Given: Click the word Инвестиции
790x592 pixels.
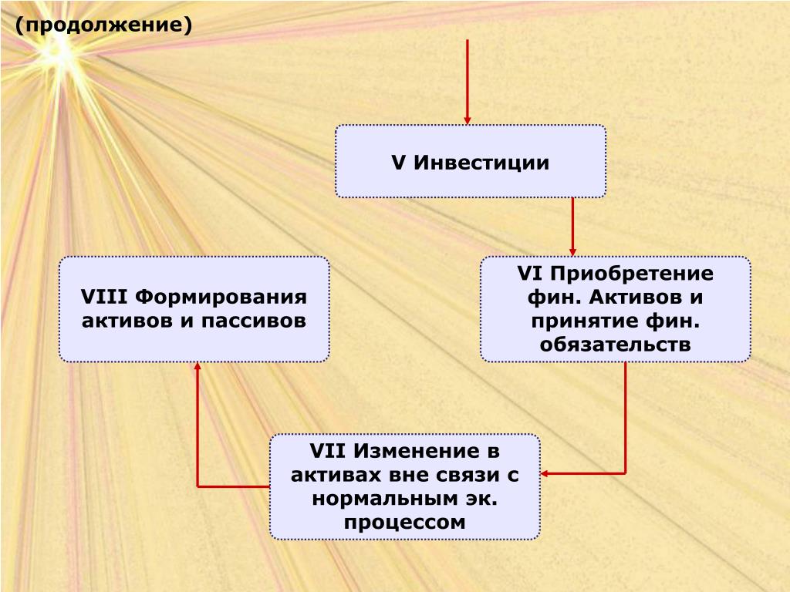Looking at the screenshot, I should pyautogui.click(x=481, y=163).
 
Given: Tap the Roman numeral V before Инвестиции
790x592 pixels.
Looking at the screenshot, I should pyautogui.click(x=399, y=163).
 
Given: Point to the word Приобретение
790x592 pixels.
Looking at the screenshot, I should pyautogui.click(x=632, y=274).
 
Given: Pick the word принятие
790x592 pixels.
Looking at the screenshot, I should pyautogui.click(x=582, y=321).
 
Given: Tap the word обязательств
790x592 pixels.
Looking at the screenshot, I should pyautogui.click(x=615, y=344).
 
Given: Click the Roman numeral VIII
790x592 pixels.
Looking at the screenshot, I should pyautogui.click(x=105, y=298).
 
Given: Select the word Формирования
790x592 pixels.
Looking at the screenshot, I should pyautogui.click(x=221, y=298).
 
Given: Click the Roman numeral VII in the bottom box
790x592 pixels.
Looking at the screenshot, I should pyautogui.click(x=328, y=452).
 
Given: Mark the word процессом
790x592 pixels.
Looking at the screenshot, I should pyautogui.click(x=405, y=522).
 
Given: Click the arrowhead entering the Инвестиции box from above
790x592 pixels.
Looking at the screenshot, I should pyautogui.click(x=468, y=118).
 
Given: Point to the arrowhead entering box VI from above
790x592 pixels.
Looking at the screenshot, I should pyautogui.click(x=572, y=250).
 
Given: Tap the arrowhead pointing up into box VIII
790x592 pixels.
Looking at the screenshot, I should pyautogui.click(x=197, y=369).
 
